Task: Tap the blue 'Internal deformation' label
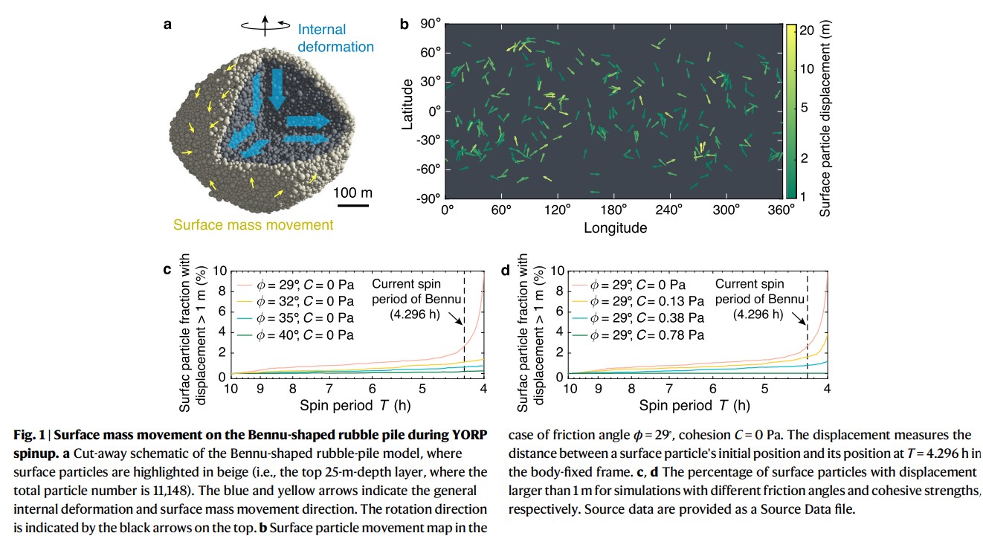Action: click(335, 39)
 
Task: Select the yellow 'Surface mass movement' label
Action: click(254, 225)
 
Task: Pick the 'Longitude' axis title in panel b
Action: click(615, 228)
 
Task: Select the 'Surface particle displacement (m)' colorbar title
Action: click(825, 119)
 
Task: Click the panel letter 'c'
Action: click(167, 270)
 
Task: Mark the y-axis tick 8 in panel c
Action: click(219, 291)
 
